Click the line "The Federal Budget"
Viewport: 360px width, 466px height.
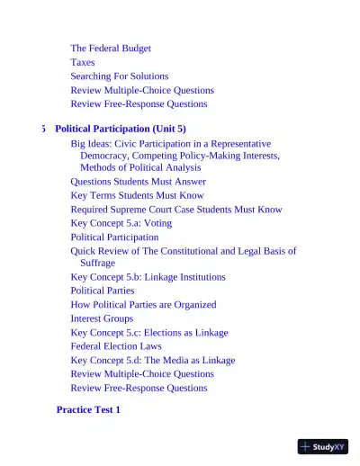[111, 49]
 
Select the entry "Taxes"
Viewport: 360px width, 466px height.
[83, 63]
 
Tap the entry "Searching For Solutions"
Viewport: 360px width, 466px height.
[120, 76]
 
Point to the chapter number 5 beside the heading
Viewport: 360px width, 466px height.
[43, 129]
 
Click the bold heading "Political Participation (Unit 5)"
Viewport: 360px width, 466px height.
[121, 129]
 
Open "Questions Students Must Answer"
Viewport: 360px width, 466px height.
[138, 182]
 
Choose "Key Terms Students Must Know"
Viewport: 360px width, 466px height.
[137, 195]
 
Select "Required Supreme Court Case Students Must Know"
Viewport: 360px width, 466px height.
[176, 210]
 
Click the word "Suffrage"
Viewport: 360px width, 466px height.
[97, 264]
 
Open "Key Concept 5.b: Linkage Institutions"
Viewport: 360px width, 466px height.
[148, 277]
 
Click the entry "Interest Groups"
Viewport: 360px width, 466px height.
[102, 318]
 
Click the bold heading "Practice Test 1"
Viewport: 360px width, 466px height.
[88, 410]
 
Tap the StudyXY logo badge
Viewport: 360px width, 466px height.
[323, 446]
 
